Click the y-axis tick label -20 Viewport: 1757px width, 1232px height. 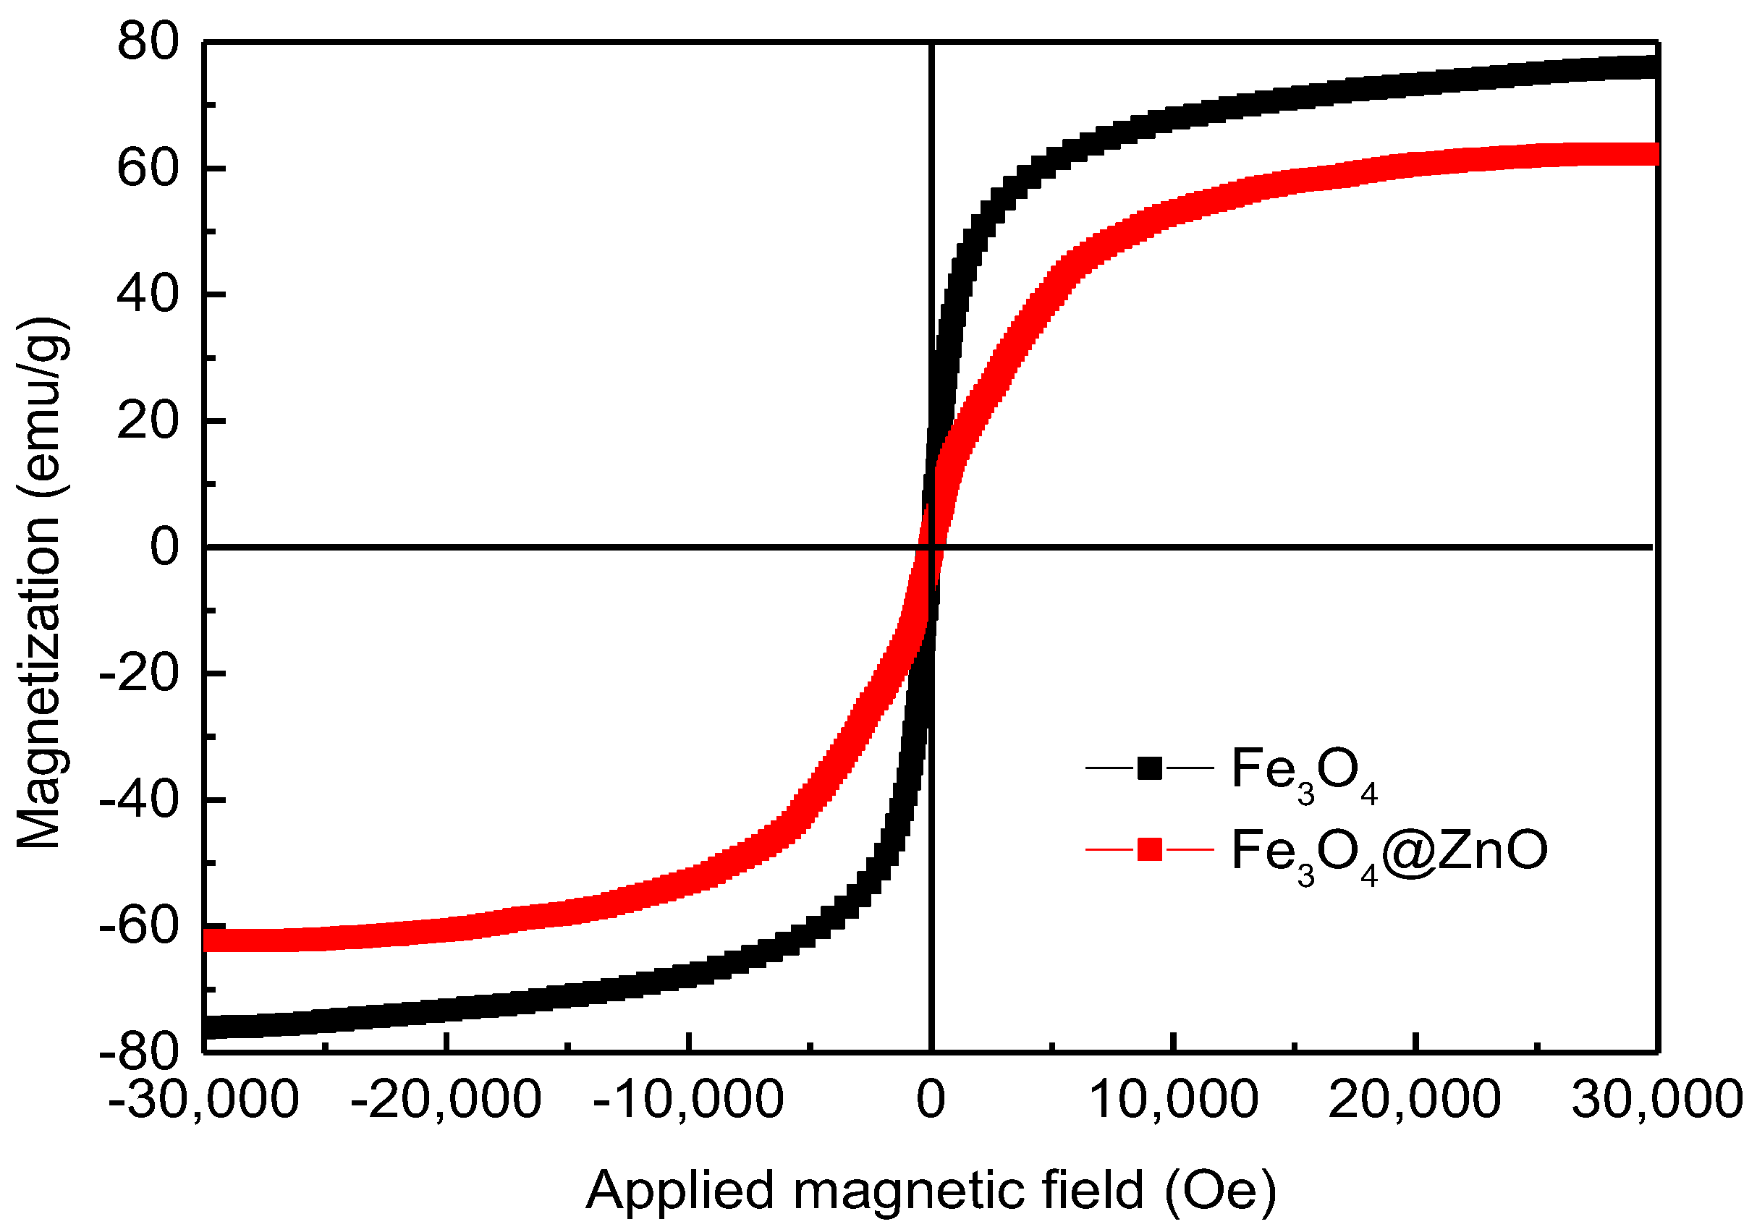138,674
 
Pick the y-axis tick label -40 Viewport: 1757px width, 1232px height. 138,800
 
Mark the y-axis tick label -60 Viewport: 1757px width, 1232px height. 138,927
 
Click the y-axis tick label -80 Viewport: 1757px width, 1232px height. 138,1053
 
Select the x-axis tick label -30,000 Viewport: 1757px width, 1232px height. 203,1100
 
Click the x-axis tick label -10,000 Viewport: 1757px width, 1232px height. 688,1100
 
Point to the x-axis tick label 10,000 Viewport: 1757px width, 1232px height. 1173,1100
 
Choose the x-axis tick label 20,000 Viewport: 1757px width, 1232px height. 1415,1100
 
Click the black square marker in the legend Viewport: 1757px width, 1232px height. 1149,768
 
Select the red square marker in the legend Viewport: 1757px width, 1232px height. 1149,849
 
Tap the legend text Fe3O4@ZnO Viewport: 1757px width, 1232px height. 1389,851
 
